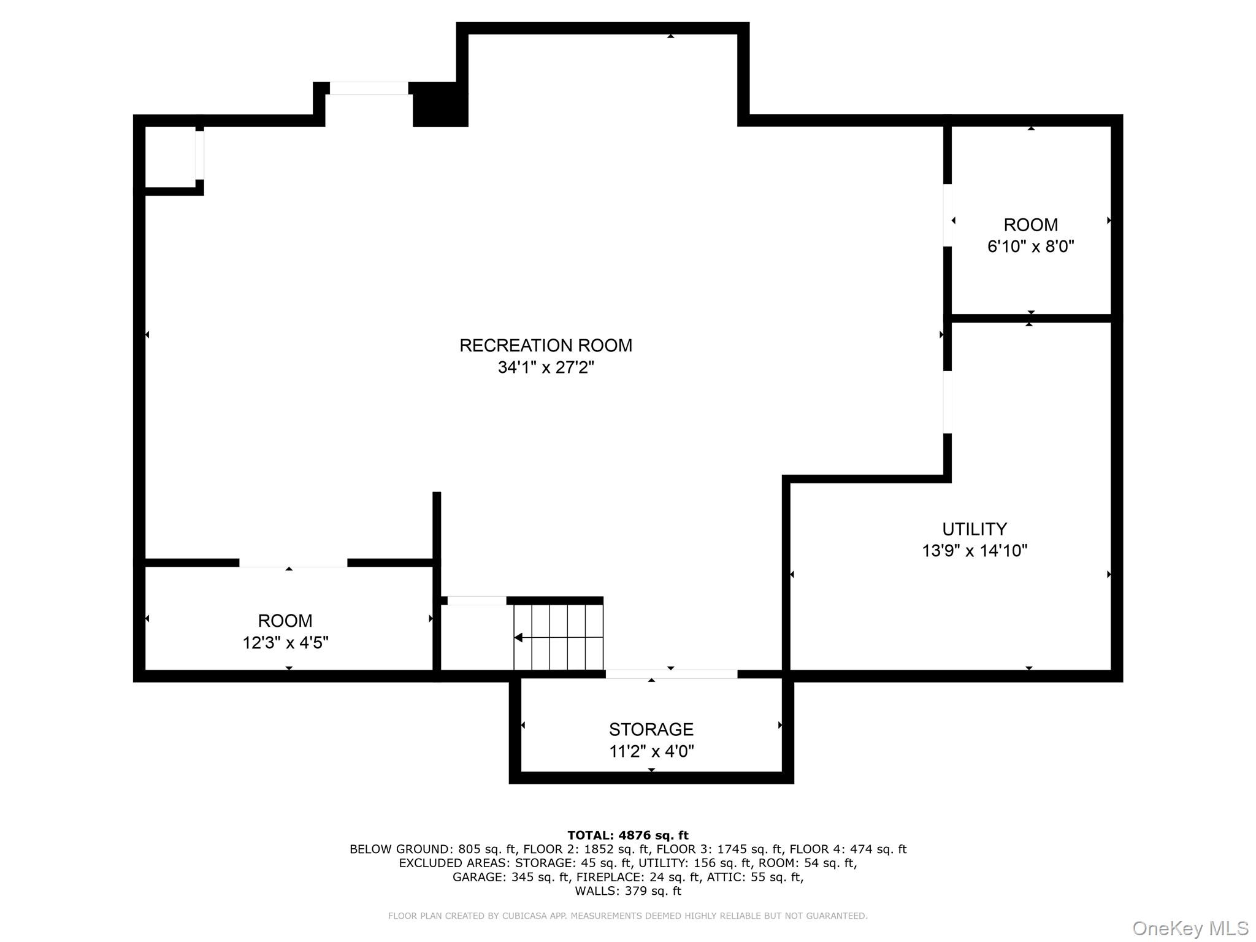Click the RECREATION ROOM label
(x=545, y=345)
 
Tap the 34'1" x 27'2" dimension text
(x=545, y=367)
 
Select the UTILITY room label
(x=974, y=529)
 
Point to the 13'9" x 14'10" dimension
(x=974, y=551)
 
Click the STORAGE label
(x=651, y=729)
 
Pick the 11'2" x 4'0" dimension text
(x=651, y=751)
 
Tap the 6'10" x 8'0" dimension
(x=1030, y=247)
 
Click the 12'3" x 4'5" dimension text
(x=285, y=643)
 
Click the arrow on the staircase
(x=519, y=638)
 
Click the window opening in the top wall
(x=369, y=88)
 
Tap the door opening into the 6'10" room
(x=947, y=215)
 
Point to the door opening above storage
(x=671, y=674)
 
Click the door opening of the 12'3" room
(x=293, y=563)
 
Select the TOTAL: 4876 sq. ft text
(x=627, y=835)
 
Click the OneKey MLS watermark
(x=1190, y=929)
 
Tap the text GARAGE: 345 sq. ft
(x=511, y=877)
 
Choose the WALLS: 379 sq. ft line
(x=627, y=891)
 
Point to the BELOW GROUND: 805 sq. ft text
(x=431, y=849)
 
